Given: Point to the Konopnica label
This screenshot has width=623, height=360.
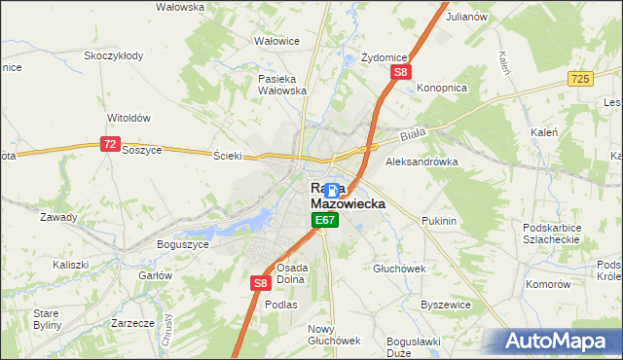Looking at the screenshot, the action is pyautogui.click(x=442, y=88).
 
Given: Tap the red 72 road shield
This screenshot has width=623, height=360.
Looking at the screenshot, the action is pyautogui.click(x=109, y=144).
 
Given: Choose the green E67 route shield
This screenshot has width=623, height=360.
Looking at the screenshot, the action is pyautogui.click(x=325, y=222).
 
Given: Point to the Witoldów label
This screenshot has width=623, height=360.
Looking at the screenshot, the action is pyautogui.click(x=128, y=118).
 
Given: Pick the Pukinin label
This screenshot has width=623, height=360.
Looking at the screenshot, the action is pyautogui.click(x=439, y=222).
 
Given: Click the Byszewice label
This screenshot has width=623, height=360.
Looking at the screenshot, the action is pyautogui.click(x=444, y=305).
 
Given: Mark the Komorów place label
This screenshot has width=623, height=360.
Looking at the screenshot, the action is pyautogui.click(x=547, y=284).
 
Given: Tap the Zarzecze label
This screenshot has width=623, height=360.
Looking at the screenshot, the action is pyautogui.click(x=133, y=322).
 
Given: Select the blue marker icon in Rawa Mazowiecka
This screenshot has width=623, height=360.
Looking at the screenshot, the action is pyautogui.click(x=332, y=191).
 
